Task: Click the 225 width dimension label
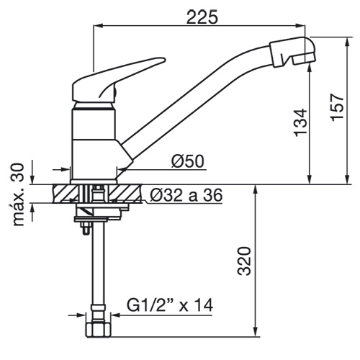(x=202, y=17)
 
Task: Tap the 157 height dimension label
(x=337, y=107)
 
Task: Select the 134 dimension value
(x=300, y=122)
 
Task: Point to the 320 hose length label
(x=244, y=261)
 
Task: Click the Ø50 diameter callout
(x=187, y=161)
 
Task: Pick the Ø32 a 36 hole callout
(x=186, y=195)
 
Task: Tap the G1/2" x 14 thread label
(x=170, y=305)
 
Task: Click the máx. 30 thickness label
(x=19, y=194)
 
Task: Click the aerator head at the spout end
(x=292, y=51)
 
